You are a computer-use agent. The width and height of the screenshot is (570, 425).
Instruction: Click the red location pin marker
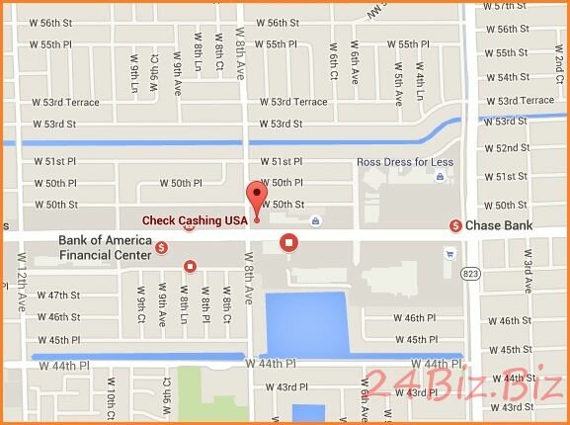[257, 199]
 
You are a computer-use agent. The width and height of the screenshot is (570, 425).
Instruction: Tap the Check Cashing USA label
[195, 220]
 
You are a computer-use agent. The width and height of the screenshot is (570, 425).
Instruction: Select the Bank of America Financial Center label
[105, 247]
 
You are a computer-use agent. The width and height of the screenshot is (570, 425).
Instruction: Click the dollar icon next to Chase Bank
[455, 226]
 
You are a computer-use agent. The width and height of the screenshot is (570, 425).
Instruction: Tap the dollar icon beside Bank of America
[161, 247]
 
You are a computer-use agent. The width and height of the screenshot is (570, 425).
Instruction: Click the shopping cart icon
[449, 252]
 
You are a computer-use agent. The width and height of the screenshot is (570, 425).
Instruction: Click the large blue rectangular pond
[307, 321]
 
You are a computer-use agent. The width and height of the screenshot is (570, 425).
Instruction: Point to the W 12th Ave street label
[21, 282]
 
